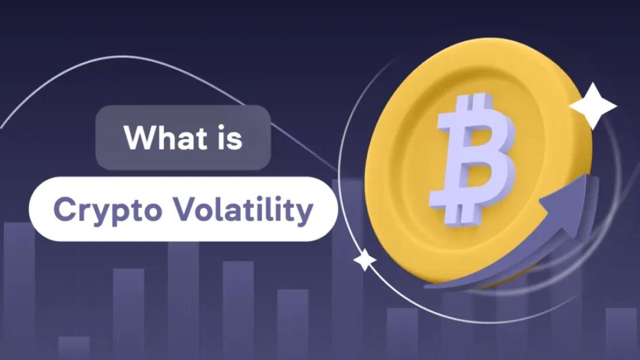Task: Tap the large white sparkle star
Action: click(x=592, y=106)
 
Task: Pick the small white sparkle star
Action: click(x=364, y=260)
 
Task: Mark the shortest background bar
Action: click(x=73, y=347)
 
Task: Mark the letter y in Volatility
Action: click(x=306, y=213)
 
